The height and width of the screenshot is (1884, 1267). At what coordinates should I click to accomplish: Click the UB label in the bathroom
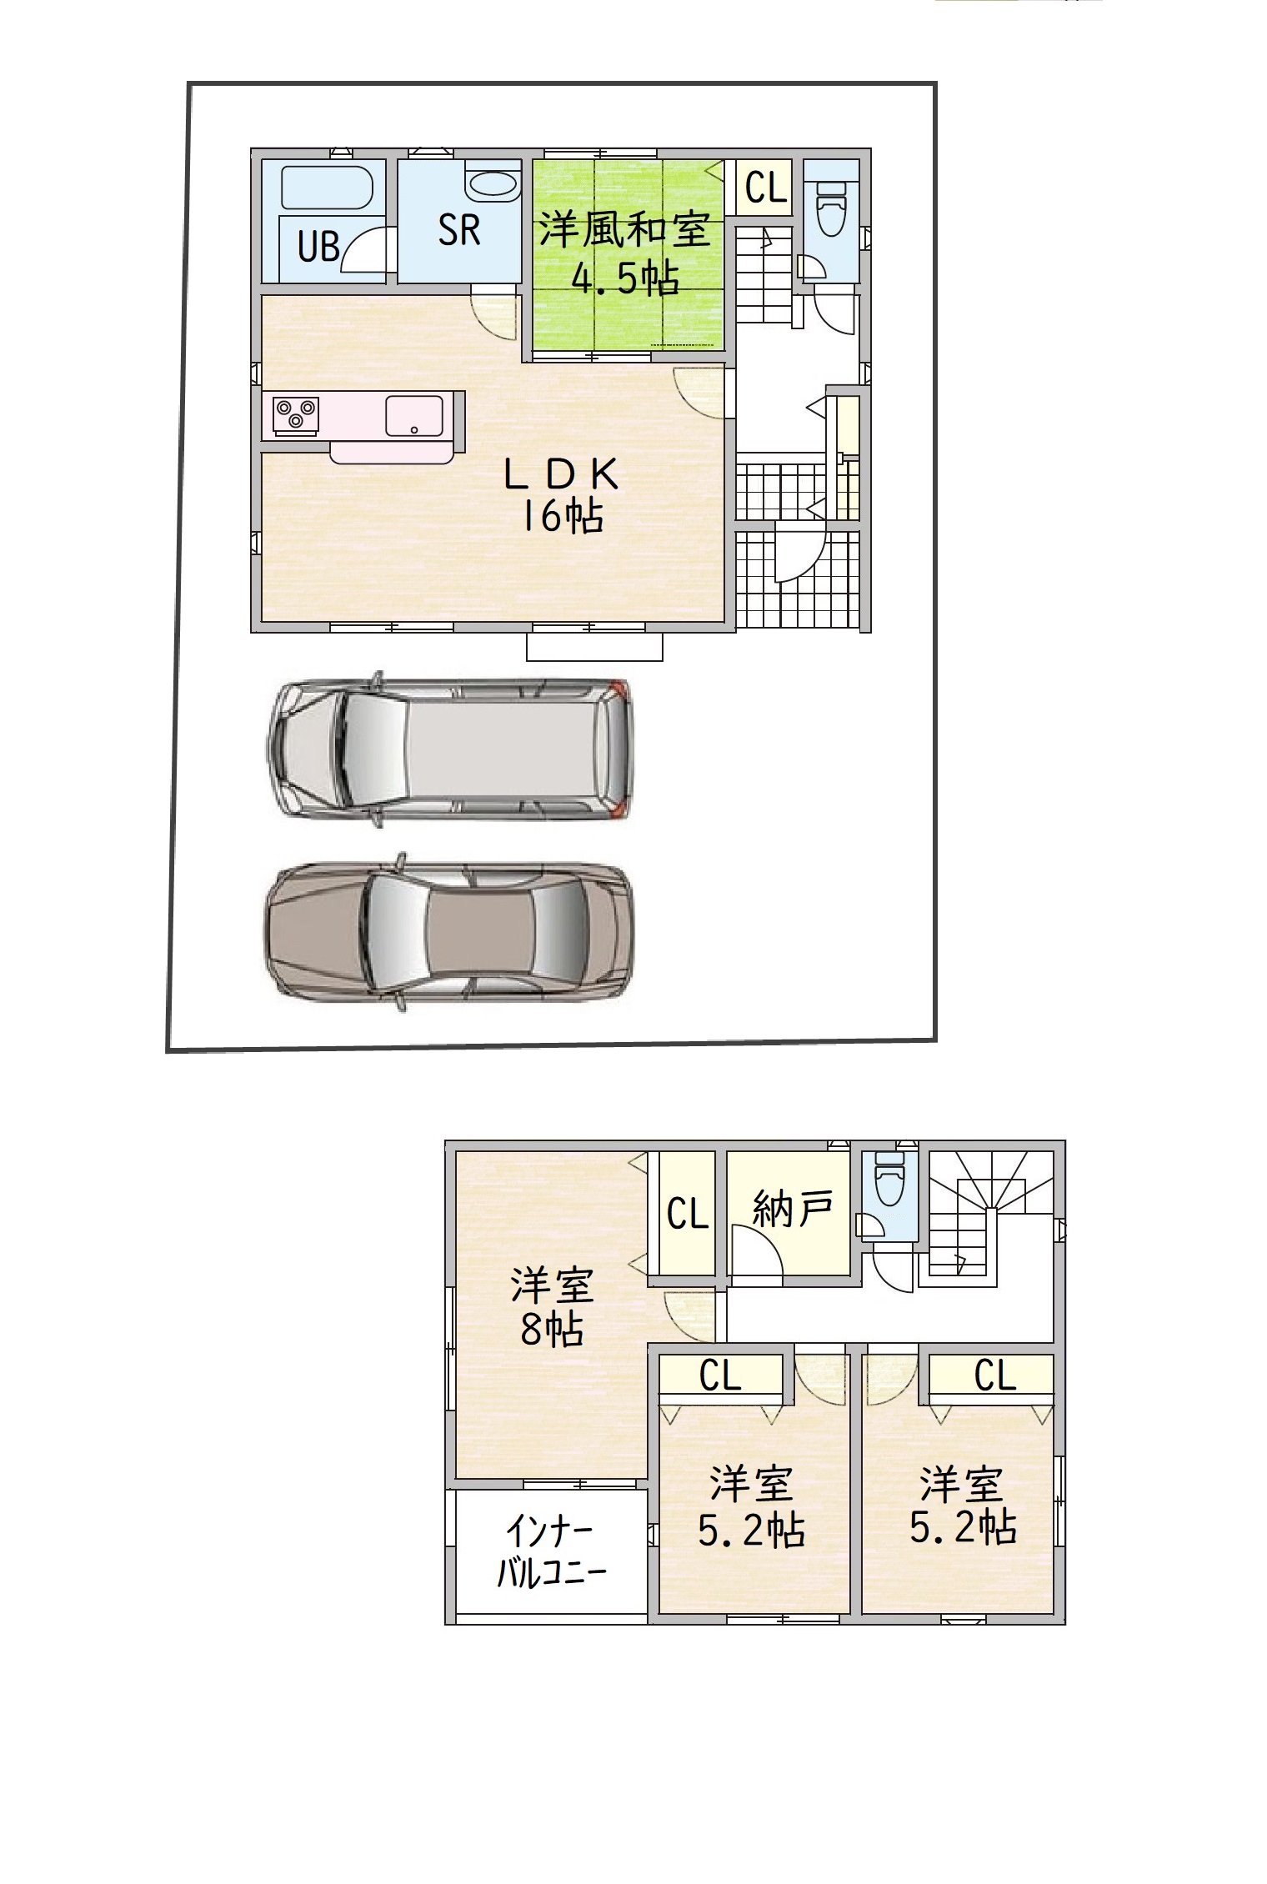319,247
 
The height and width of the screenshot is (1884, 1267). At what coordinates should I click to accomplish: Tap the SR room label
459,229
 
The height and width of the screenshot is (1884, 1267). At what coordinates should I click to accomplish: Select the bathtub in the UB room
325,188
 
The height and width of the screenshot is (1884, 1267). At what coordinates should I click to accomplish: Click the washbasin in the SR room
493,185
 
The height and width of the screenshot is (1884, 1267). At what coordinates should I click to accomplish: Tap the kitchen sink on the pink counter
414,415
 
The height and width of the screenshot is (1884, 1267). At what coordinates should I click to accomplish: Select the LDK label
561,475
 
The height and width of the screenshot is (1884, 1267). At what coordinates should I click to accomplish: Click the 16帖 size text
562,516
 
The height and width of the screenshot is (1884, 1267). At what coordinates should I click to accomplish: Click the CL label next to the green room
766,188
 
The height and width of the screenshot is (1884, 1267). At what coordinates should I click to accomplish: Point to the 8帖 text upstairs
551,1330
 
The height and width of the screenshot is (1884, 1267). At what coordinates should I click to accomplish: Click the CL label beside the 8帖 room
688,1214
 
